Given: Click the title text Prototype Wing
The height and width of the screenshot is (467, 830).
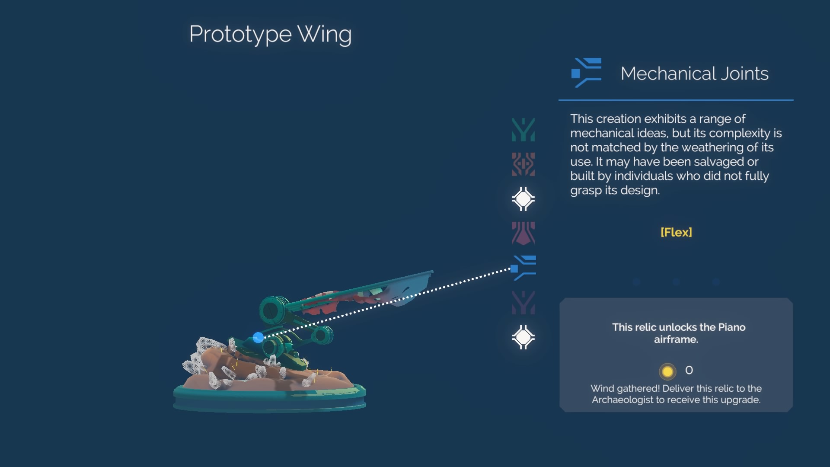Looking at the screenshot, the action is [270, 35].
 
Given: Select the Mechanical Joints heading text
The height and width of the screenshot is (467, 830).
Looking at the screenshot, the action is [694, 74].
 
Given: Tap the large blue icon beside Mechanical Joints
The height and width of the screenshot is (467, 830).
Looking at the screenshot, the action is [586, 73].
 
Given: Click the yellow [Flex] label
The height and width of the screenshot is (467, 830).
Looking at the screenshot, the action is [676, 232].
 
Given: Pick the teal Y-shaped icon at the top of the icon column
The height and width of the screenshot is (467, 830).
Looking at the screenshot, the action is [523, 130].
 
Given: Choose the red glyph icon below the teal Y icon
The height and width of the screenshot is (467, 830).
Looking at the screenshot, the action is [523, 164].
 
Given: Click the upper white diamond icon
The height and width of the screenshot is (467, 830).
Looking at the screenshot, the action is [523, 199].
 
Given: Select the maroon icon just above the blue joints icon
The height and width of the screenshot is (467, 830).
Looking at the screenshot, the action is [523, 233].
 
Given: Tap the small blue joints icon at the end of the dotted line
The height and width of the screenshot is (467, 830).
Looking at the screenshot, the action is [523, 268].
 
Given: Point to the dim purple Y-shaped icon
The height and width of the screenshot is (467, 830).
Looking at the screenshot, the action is [523, 303].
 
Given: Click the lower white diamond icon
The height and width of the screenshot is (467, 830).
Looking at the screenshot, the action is [523, 337].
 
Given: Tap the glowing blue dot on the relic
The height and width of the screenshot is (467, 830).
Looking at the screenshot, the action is [258, 337].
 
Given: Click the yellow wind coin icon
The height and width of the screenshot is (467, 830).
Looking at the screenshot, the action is [667, 371].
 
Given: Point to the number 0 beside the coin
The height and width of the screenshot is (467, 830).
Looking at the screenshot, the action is [689, 370].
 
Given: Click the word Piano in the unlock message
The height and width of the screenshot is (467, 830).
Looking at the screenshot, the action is [731, 327].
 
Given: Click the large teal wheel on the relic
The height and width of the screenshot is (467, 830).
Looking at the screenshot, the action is [274, 310].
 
